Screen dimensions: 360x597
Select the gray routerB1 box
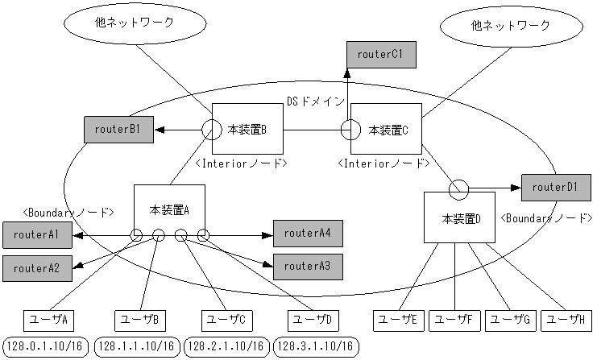(118, 129)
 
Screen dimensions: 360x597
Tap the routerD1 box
(555, 187)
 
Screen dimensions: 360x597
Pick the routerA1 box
(37, 236)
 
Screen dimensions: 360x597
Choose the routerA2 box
(37, 267)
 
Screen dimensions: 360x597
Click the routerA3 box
(308, 265)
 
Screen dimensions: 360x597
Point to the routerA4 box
(308, 234)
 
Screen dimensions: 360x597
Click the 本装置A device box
(169, 211)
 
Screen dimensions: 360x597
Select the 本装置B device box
(247, 129)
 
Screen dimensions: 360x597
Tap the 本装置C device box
(387, 129)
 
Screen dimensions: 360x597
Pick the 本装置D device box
(460, 217)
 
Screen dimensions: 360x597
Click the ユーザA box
(48, 320)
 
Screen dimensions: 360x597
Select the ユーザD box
(312, 320)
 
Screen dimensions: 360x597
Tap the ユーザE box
(397, 320)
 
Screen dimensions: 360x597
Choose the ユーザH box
(566, 320)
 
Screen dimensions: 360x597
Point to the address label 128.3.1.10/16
(314, 346)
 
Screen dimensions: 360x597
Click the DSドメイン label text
(316, 101)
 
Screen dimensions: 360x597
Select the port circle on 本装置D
(458, 188)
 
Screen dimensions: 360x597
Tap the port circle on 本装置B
(210, 129)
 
